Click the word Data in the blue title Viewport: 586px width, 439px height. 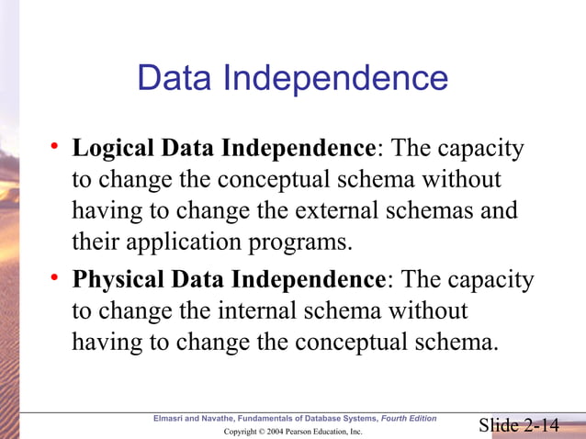coord(175,78)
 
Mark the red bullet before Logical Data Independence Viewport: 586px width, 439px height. coord(55,146)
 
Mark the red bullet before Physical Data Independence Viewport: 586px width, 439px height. coord(55,277)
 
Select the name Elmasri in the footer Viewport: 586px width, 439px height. coord(171,419)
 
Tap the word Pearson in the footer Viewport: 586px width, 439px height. coord(300,431)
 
